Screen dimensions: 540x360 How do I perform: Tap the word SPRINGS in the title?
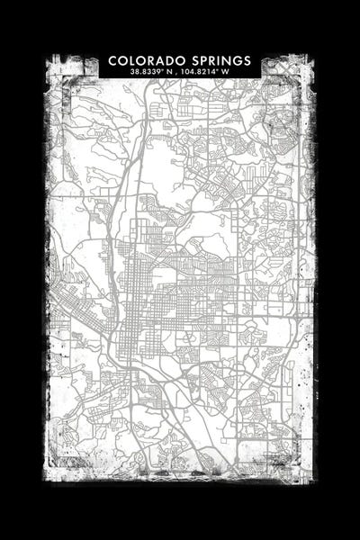coord(220,60)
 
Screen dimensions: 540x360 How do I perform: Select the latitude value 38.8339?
coord(148,72)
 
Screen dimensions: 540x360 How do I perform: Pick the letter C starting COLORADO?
coord(113,60)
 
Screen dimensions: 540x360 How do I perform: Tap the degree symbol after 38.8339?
coord(164,70)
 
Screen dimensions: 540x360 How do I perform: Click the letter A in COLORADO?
coord(156,60)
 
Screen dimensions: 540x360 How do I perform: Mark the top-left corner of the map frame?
coord(47,57)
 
